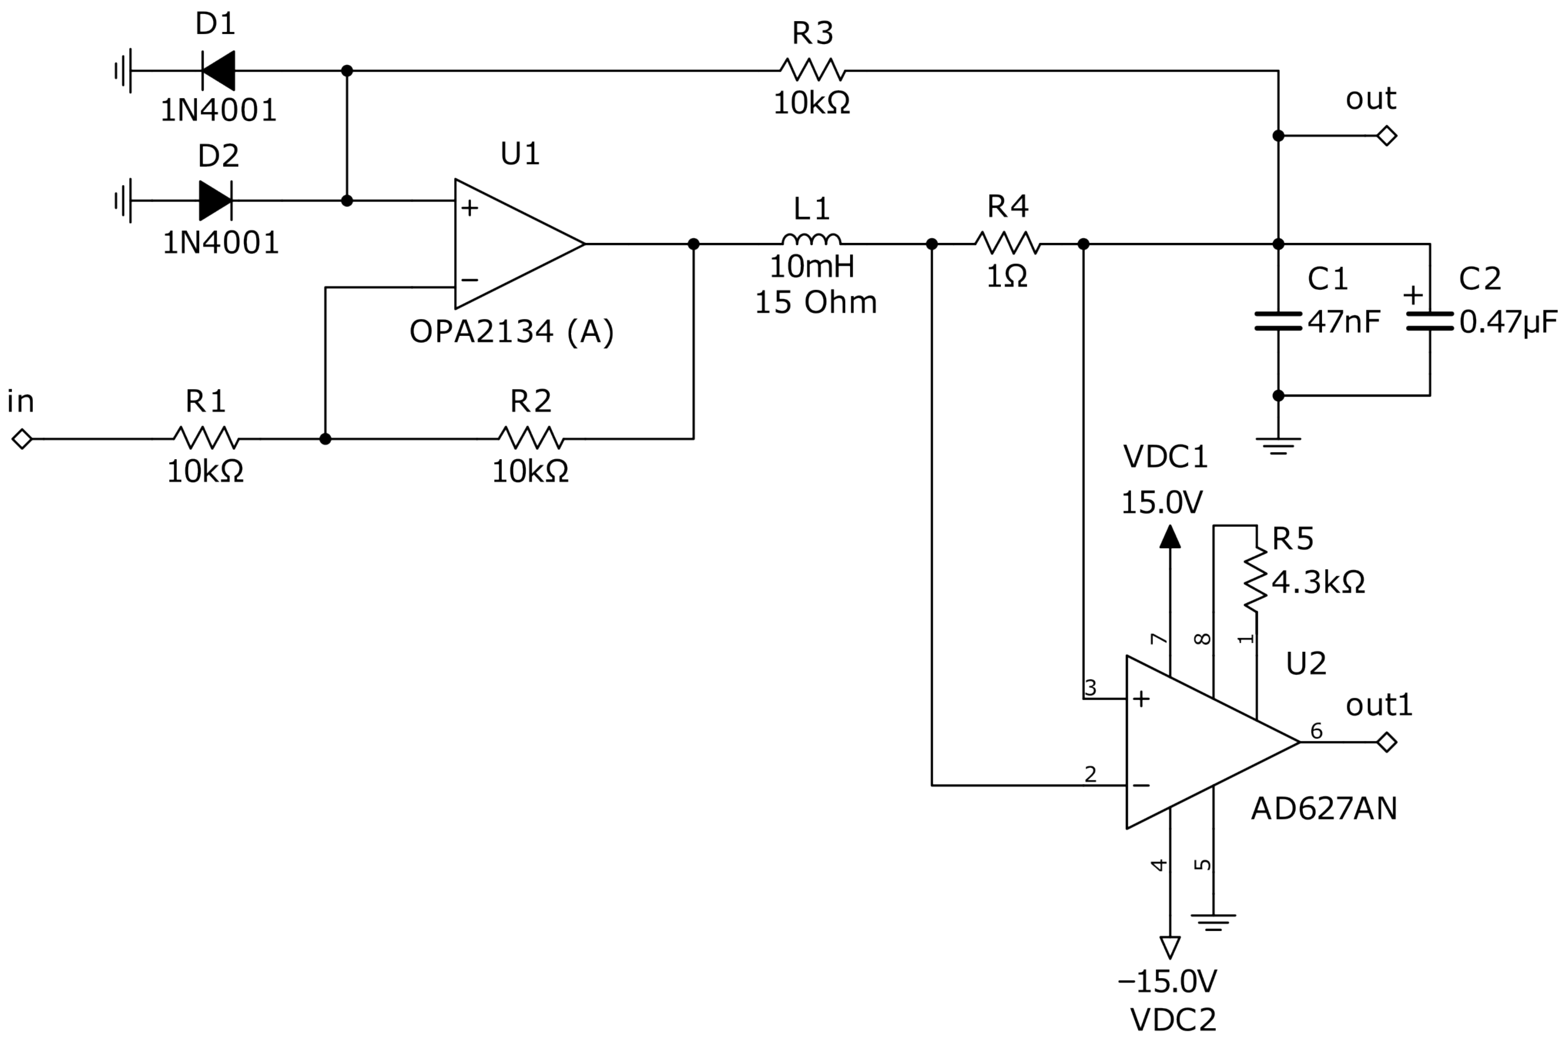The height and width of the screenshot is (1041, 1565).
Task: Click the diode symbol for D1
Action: point(218,71)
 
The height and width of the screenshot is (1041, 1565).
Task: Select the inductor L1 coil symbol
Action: point(811,240)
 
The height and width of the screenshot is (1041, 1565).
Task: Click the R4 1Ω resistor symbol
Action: point(1007,243)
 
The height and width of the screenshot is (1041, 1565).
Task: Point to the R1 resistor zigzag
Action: point(206,438)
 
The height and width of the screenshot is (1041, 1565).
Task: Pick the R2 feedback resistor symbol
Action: point(531,438)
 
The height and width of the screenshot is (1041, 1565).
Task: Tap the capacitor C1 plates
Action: point(1277,320)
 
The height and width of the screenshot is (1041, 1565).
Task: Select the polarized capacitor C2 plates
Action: point(1430,320)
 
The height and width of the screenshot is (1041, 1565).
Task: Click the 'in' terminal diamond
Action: point(22,439)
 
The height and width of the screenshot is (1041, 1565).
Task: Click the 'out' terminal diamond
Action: point(1386,136)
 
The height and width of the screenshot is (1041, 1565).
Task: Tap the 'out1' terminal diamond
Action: point(1386,742)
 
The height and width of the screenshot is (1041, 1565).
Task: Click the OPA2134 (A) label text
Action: point(511,332)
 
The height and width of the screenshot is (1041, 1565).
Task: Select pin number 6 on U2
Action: point(1316,731)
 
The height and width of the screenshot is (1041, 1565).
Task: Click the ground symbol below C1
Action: point(1277,445)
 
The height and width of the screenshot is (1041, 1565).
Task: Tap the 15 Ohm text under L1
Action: point(816,303)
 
